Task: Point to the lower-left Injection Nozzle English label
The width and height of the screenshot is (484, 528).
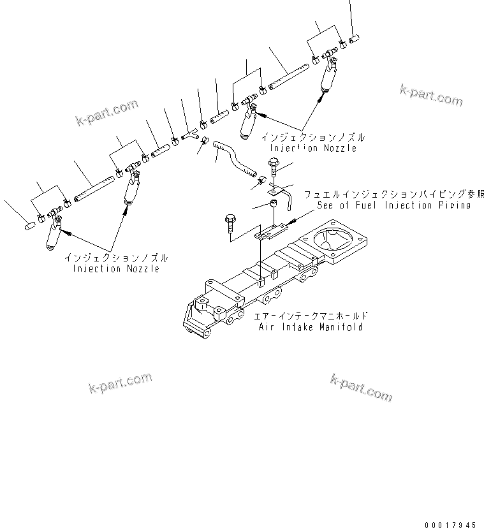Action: pyautogui.click(x=115, y=268)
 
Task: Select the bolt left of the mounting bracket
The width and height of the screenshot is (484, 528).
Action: pyautogui.click(x=230, y=225)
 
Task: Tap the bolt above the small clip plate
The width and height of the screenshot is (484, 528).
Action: pyautogui.click(x=274, y=168)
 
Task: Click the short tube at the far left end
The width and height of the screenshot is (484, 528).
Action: pyautogui.click(x=30, y=224)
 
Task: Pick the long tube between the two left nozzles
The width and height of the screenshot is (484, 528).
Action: pyautogui.click(x=93, y=189)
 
